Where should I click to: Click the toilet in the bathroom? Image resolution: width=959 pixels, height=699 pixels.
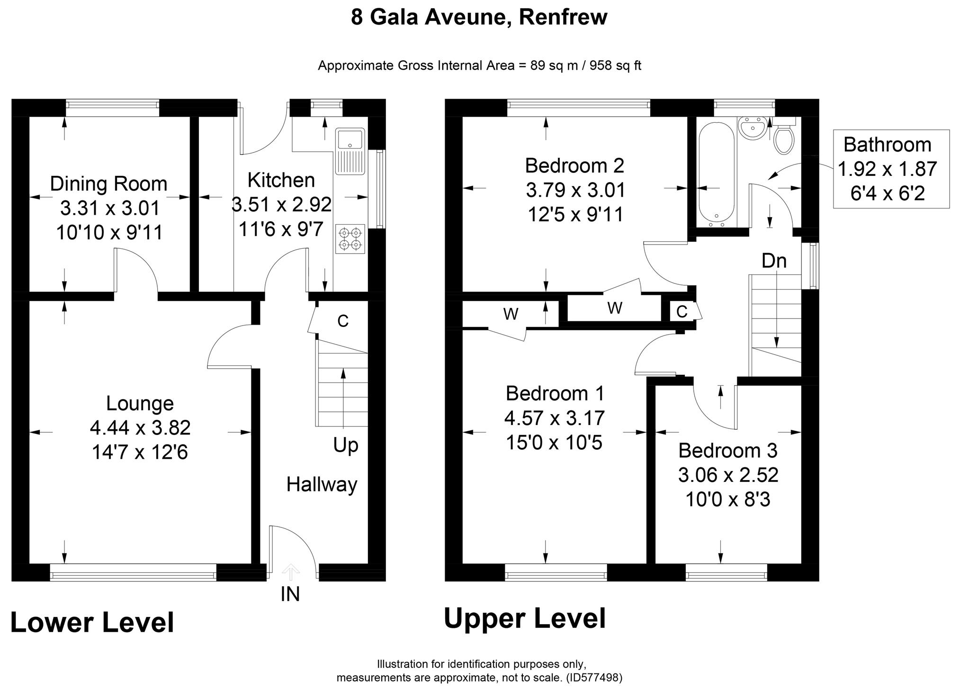(x=784, y=139)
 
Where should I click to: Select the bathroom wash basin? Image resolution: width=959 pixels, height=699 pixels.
(x=752, y=128)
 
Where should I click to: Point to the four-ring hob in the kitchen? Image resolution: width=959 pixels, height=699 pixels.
(x=350, y=239)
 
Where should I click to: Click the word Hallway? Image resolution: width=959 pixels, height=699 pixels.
(x=322, y=485)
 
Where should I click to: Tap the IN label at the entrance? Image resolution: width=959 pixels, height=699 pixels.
(x=290, y=594)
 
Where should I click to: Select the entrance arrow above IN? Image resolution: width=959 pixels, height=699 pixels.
(x=290, y=572)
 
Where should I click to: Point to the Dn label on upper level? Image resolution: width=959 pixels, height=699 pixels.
(x=774, y=261)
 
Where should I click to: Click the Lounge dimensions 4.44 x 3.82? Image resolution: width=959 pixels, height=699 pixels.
(x=140, y=428)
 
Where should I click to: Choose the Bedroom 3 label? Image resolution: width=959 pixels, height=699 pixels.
(x=727, y=450)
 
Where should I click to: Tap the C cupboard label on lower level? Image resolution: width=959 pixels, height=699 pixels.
(x=343, y=321)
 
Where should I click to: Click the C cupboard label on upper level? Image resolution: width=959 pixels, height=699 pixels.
(x=681, y=311)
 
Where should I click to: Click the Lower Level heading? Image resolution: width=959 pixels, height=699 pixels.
(x=92, y=623)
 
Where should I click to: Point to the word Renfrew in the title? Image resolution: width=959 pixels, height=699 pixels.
(x=563, y=17)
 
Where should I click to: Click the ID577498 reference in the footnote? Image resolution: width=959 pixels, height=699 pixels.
(x=594, y=678)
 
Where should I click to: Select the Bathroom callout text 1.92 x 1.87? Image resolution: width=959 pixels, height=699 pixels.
(x=887, y=169)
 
